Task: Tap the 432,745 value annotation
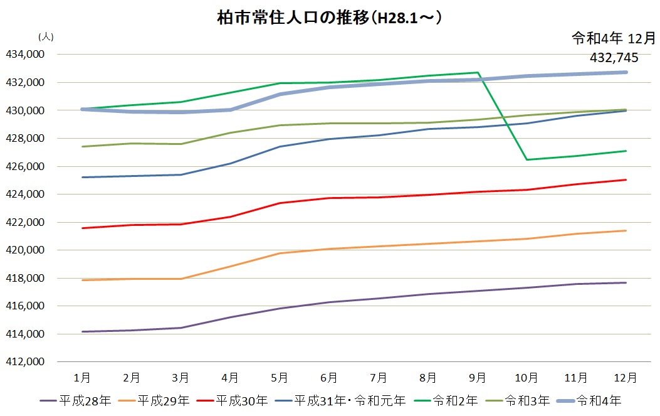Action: (x=614, y=58)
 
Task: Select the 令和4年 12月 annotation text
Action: (x=613, y=39)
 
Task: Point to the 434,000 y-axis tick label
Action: (x=25, y=55)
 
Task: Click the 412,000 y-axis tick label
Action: (x=25, y=362)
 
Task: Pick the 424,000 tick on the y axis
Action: (x=25, y=195)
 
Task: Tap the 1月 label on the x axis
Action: (x=81, y=378)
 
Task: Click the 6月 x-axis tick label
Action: (x=329, y=378)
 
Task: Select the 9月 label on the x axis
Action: (x=478, y=378)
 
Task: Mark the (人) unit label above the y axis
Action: (x=46, y=37)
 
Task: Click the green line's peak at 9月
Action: (x=478, y=72)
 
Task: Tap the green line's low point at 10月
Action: (x=527, y=159)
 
